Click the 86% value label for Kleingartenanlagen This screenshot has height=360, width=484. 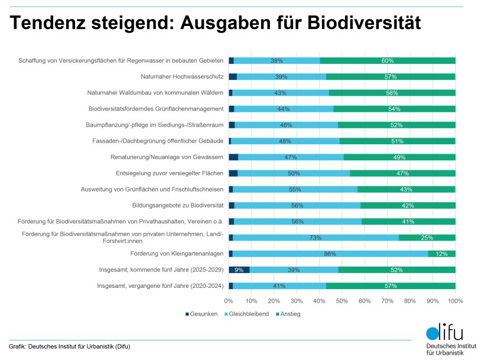(x=330, y=254)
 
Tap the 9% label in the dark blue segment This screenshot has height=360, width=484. (x=239, y=270)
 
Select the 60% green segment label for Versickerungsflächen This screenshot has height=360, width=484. (x=388, y=61)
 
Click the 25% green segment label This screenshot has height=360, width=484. (x=427, y=238)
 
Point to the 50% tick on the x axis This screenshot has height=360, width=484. (x=342, y=301)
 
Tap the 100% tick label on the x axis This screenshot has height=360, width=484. (x=455, y=301)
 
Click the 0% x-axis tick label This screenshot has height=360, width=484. (x=229, y=301)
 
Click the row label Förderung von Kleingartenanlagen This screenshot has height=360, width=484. (x=177, y=254)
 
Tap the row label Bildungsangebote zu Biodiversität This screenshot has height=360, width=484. (x=178, y=205)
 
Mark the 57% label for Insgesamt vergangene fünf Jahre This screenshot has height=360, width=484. (x=391, y=286)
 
